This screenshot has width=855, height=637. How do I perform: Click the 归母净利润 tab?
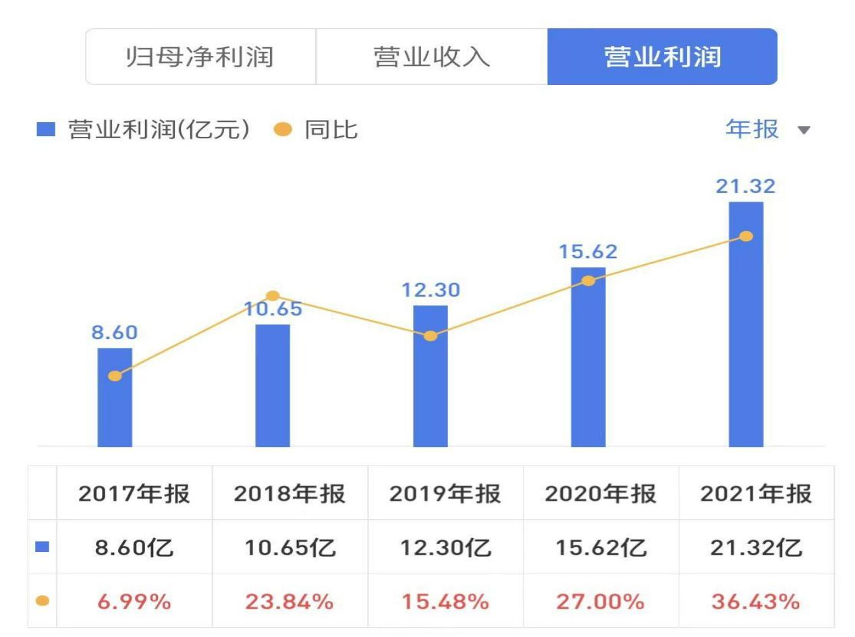(200, 57)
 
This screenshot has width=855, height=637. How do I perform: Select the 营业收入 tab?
(431, 57)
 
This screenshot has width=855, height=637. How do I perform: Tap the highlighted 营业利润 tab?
(662, 57)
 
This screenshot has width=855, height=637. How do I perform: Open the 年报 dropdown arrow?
(804, 129)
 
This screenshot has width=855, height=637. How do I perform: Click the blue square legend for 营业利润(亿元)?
(45, 129)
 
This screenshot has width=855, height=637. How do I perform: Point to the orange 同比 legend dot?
(283, 129)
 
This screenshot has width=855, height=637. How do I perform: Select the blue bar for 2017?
(115, 404)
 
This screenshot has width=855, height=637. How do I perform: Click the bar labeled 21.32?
(746, 337)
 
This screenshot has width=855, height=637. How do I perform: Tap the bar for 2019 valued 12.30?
(431, 391)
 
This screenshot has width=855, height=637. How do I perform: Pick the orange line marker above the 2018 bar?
(273, 296)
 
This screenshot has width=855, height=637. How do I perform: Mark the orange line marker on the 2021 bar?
(746, 236)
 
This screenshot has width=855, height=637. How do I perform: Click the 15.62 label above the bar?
(588, 252)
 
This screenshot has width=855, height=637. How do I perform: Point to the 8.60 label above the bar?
(115, 333)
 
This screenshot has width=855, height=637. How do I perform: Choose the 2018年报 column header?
(289, 494)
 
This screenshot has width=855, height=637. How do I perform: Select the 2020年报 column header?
(600, 494)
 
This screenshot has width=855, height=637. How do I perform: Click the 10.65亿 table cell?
(289, 547)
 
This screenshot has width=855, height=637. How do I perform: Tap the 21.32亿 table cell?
(756, 547)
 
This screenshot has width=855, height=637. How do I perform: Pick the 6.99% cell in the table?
(134, 601)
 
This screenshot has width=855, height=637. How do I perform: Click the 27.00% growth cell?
(600, 601)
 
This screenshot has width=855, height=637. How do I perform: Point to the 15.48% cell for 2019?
(445, 601)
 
